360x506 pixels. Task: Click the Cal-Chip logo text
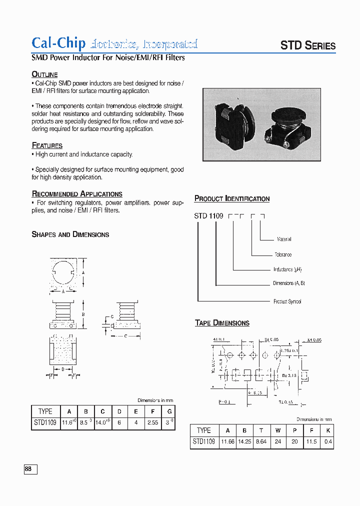[58, 43]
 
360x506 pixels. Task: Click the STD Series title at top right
[307, 45]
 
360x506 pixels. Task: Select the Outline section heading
[44, 74]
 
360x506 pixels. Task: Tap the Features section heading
[47, 145]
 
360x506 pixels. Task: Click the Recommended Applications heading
[77, 194]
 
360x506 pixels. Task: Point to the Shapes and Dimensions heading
[70, 234]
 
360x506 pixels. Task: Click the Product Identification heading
[231, 198]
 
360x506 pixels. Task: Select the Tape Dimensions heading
[222, 323]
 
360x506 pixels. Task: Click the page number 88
[28, 469]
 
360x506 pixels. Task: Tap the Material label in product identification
[283, 239]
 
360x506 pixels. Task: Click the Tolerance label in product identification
[283, 254]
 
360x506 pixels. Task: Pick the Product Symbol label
[287, 301]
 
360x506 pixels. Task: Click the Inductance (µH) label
[287, 269]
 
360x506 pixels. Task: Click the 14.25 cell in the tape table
[245, 441]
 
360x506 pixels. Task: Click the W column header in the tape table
[277, 430]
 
